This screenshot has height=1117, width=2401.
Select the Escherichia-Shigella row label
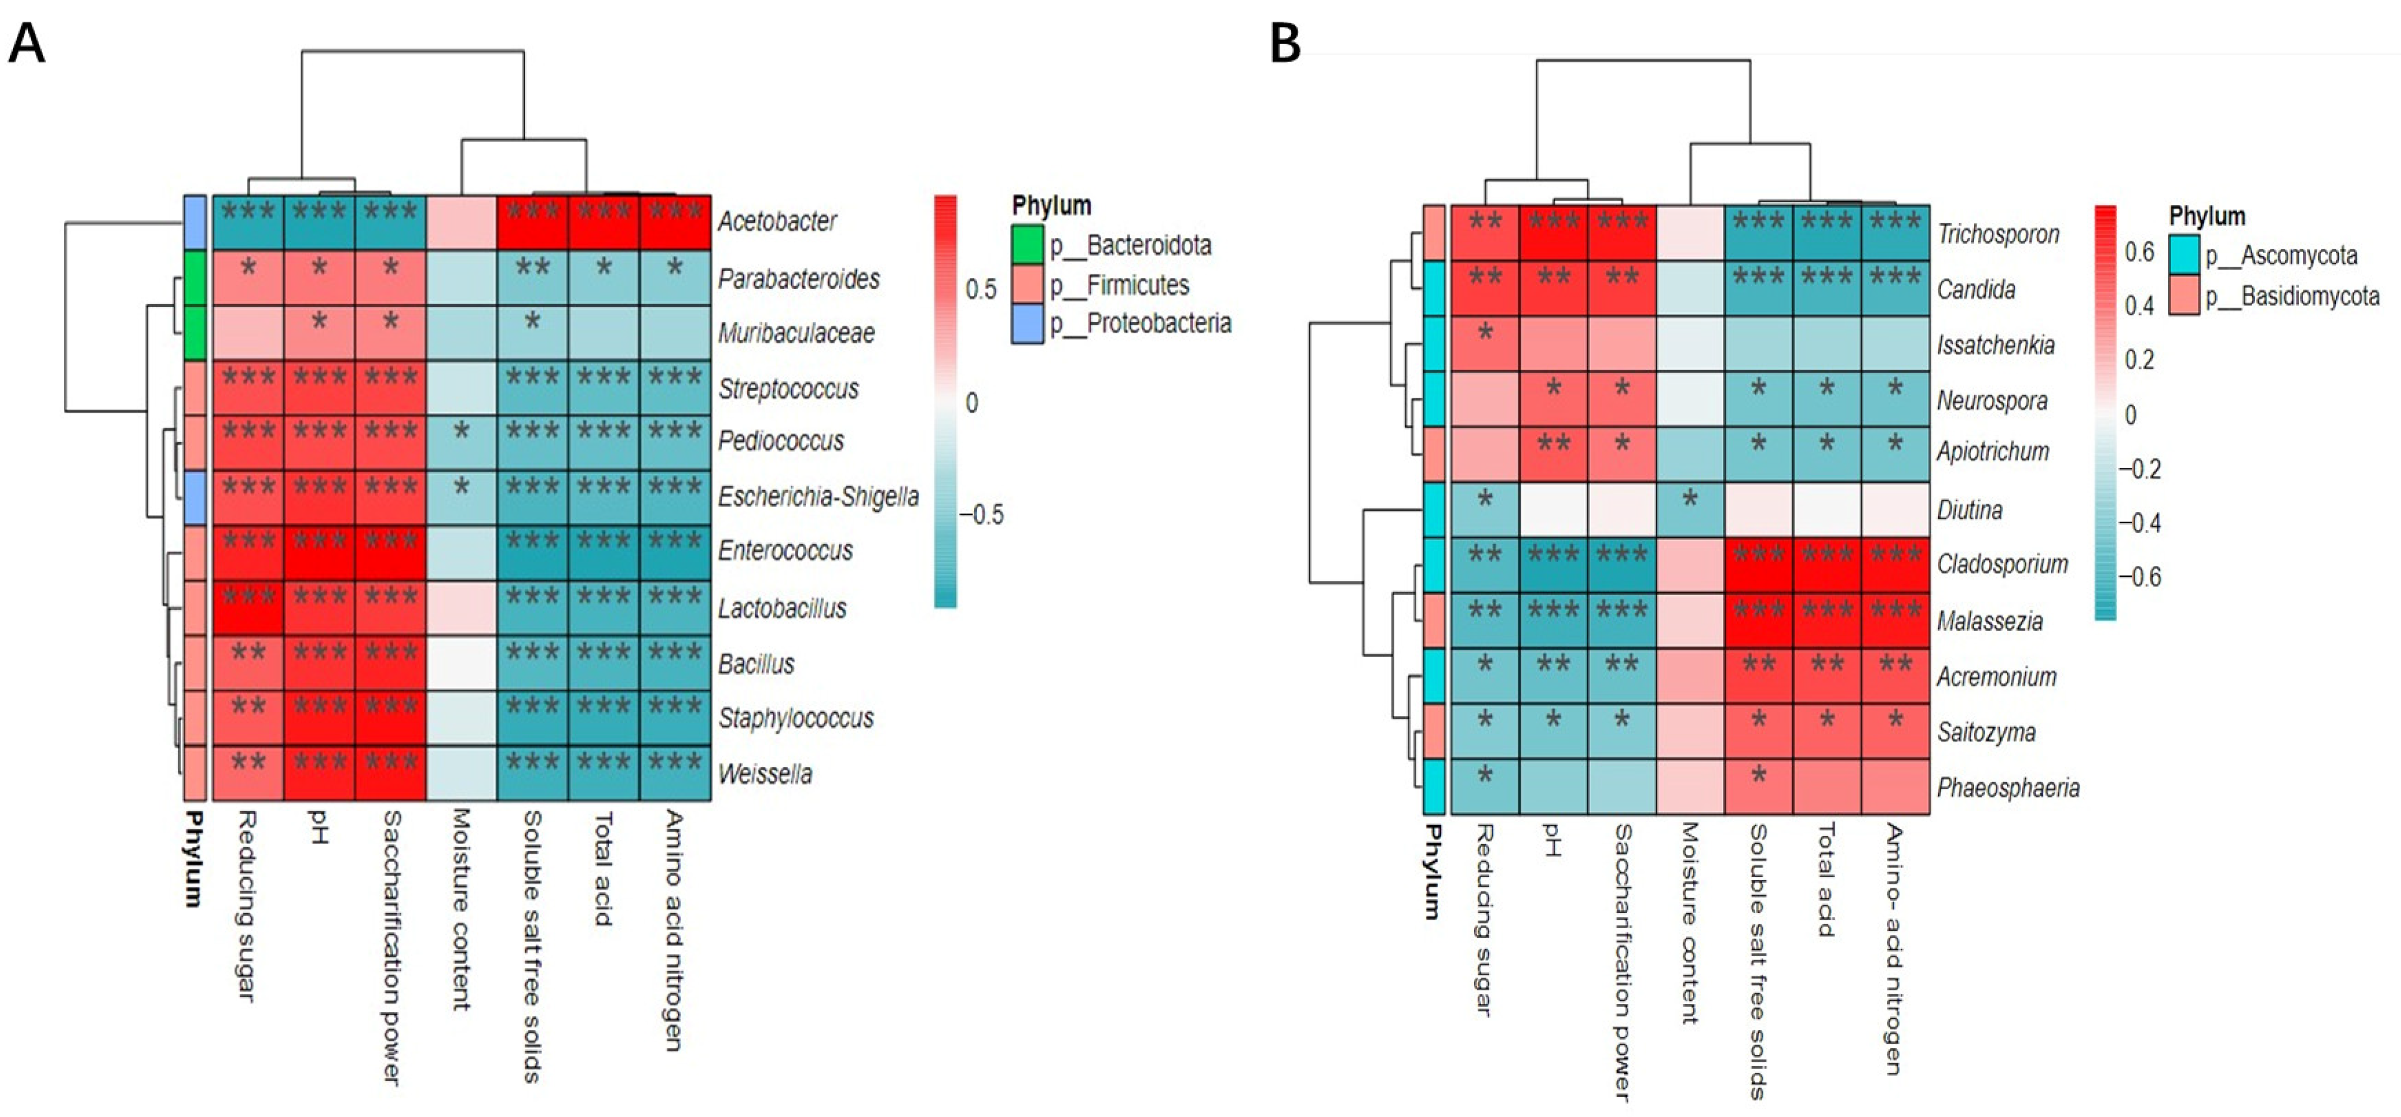817,497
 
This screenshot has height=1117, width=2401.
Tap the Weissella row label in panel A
764,774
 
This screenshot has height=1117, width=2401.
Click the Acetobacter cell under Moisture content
461,222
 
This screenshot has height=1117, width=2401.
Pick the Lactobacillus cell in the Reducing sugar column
248,607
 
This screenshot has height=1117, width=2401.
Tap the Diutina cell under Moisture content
1690,509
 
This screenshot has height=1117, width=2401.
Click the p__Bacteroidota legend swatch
1027,245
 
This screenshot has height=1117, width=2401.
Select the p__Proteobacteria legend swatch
1027,324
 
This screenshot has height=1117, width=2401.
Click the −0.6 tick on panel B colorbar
2140,577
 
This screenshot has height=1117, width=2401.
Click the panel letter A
26,43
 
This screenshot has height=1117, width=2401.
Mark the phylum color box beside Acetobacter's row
194,222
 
